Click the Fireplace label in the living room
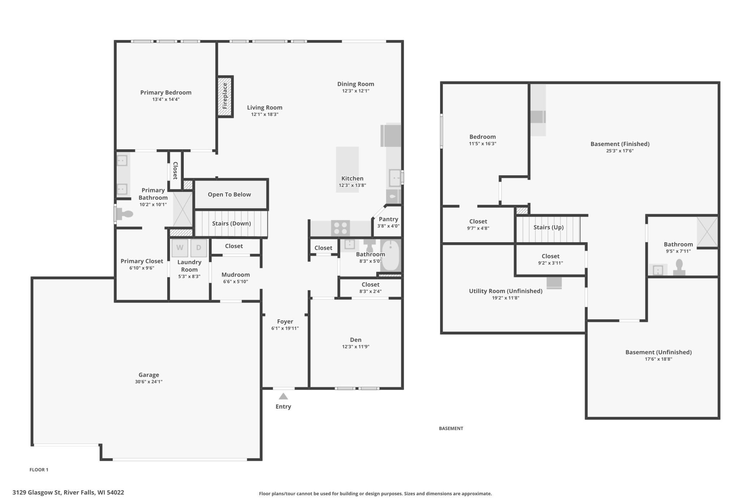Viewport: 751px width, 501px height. click(x=225, y=96)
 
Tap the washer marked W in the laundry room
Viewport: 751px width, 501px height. click(x=180, y=248)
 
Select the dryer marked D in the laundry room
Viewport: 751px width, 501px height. click(x=199, y=248)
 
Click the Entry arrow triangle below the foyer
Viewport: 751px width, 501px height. click(x=283, y=396)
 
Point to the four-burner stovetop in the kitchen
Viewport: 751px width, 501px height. click(x=340, y=228)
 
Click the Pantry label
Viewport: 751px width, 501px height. click(x=388, y=219)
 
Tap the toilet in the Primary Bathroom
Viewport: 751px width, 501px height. click(x=125, y=214)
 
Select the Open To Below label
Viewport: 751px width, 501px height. click(x=229, y=194)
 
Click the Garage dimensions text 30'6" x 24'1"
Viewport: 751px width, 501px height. click(x=149, y=382)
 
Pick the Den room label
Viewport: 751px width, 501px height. click(x=356, y=340)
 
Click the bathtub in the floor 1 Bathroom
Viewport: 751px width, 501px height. click(x=391, y=256)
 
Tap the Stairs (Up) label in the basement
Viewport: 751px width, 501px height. click(x=548, y=227)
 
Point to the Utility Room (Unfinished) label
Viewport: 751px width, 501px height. click(x=505, y=291)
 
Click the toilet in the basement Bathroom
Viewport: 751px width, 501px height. click(x=679, y=267)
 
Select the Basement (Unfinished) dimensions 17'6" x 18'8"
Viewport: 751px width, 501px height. click(x=659, y=359)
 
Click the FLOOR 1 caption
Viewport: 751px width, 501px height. click(x=39, y=470)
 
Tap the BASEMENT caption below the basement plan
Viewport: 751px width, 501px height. click(x=451, y=428)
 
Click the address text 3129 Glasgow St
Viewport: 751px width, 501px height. click(x=36, y=492)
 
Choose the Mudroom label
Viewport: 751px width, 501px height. click(x=236, y=275)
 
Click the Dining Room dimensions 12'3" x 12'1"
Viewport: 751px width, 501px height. click(x=356, y=91)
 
